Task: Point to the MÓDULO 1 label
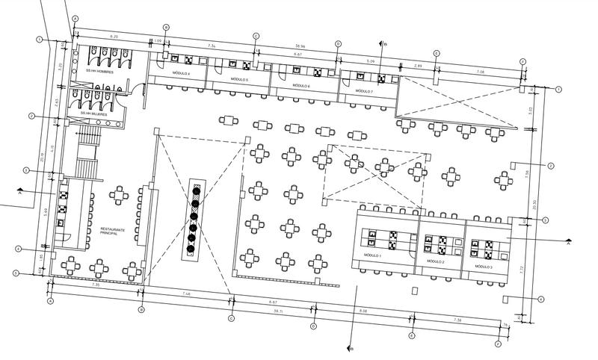point(372,255)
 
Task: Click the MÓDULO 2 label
point(436,262)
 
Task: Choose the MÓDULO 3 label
point(482,267)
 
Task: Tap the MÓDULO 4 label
point(180,75)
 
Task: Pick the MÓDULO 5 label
point(239,79)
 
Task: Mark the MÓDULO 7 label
point(364,90)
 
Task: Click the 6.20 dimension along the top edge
point(114,36)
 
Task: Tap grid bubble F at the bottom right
point(498,344)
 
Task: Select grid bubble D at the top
point(337,44)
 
